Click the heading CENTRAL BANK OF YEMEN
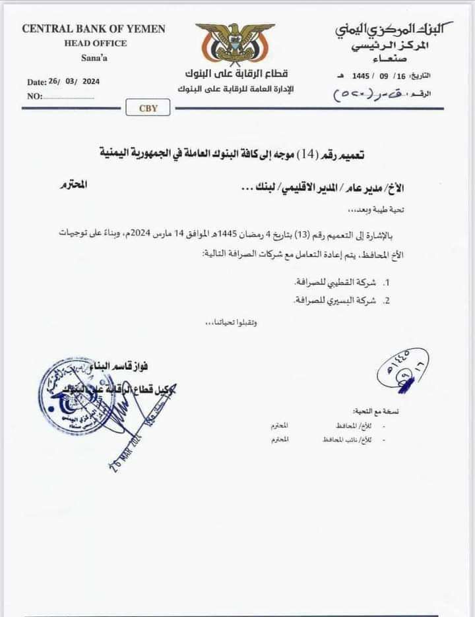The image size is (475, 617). tap(94, 29)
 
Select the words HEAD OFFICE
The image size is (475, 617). tap(96, 43)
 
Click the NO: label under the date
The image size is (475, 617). tap(35, 96)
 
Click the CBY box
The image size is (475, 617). tap(148, 108)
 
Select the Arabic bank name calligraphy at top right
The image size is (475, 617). tap(394, 29)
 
